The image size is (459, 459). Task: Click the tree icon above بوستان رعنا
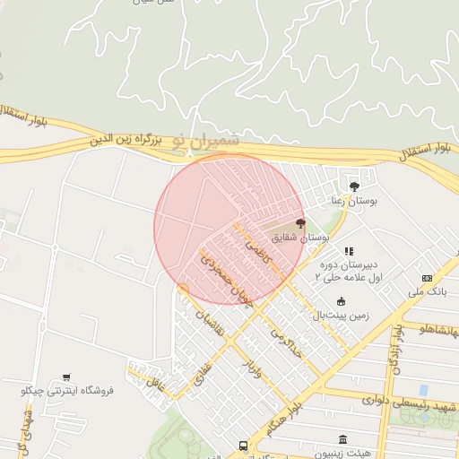click(x=356, y=186)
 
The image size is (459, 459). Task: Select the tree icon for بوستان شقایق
click(x=300, y=223)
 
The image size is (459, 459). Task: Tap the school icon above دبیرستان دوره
click(x=349, y=252)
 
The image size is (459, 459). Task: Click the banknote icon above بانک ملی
click(x=427, y=278)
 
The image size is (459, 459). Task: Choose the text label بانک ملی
click(x=427, y=292)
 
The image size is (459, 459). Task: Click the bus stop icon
click(x=243, y=446)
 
